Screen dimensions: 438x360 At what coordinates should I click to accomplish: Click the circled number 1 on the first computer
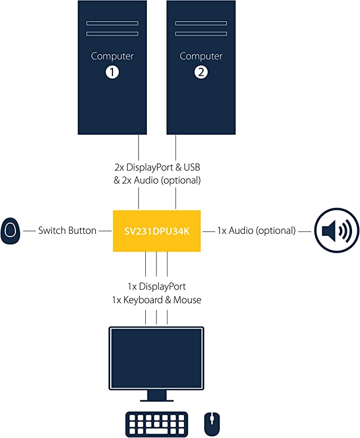(112, 73)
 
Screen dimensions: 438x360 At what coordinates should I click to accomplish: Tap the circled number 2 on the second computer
(201, 73)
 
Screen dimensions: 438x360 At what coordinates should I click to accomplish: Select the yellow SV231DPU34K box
(157, 231)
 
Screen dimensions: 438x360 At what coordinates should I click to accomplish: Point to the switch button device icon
(11, 231)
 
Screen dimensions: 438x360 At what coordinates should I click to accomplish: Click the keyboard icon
(156, 424)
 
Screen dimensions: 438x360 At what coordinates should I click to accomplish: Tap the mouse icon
(212, 424)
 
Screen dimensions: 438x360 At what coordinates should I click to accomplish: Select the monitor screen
(156, 358)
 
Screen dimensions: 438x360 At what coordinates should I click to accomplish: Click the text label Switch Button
(67, 231)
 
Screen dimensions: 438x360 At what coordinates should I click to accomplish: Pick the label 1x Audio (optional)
(256, 231)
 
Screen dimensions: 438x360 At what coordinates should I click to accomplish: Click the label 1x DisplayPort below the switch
(156, 287)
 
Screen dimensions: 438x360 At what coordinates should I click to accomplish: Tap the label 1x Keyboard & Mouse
(156, 300)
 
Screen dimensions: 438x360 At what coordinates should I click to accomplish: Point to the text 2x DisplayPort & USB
(157, 168)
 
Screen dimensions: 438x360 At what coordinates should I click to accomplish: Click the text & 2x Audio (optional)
(157, 180)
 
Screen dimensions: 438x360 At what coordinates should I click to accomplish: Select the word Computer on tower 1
(112, 56)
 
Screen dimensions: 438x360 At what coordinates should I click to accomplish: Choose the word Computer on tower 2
(201, 56)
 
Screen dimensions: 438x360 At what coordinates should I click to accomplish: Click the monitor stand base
(156, 399)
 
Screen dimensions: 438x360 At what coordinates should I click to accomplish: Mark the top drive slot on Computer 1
(112, 23)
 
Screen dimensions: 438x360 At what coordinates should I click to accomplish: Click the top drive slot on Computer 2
(201, 23)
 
